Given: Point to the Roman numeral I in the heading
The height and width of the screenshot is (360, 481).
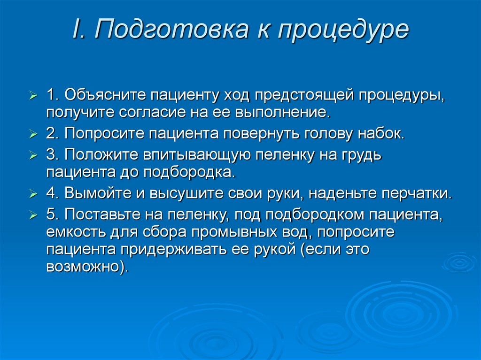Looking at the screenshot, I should pos(76,29).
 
